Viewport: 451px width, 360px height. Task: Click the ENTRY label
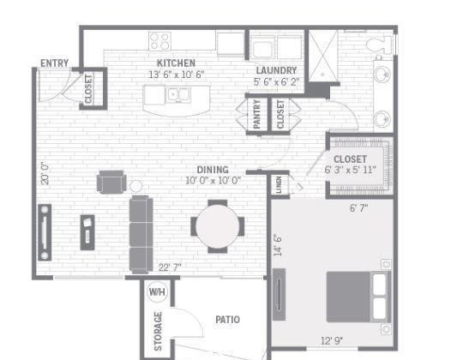click(x=54, y=63)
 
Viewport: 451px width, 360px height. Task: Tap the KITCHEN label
click(x=176, y=63)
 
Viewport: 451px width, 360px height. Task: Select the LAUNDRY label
click(x=276, y=70)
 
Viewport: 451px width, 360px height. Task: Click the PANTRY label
click(x=257, y=114)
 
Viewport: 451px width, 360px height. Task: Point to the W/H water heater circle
click(x=157, y=291)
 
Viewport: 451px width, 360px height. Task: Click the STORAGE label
click(x=158, y=331)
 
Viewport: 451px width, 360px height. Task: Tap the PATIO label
click(x=227, y=320)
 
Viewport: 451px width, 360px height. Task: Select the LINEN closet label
click(x=279, y=184)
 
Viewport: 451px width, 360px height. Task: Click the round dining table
click(x=218, y=225)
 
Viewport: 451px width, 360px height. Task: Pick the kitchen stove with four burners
click(x=160, y=41)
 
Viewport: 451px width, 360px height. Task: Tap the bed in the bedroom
click(x=358, y=297)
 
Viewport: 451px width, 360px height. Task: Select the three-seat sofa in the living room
click(x=141, y=234)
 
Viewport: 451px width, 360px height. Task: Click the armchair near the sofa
click(x=111, y=182)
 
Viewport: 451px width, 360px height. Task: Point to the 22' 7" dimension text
click(x=170, y=267)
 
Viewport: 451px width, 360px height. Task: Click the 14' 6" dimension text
click(x=278, y=245)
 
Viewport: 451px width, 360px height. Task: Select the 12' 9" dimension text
click(x=332, y=341)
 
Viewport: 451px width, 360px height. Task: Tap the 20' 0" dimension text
click(x=45, y=174)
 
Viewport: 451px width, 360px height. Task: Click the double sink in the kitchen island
click(x=178, y=94)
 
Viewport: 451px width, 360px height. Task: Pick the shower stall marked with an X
click(x=323, y=56)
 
